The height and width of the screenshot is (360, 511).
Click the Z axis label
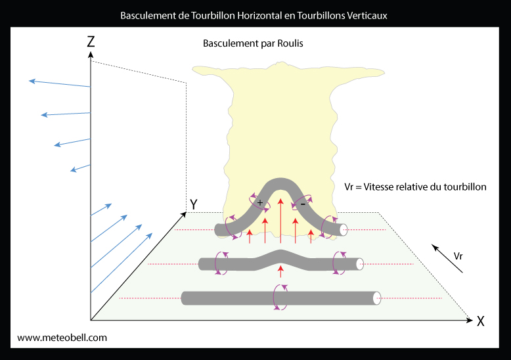click(x=91, y=42)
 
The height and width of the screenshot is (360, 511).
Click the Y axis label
click(x=194, y=204)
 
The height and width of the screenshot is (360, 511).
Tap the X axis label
click(x=480, y=321)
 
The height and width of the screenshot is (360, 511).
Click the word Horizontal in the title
click(x=259, y=16)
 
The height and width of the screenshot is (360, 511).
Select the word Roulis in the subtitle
click(x=290, y=43)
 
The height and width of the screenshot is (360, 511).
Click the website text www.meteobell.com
click(x=62, y=338)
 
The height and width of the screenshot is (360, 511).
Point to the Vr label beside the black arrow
click(x=458, y=256)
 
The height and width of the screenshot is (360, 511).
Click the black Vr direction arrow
click(x=447, y=258)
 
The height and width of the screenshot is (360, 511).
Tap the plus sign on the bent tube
click(x=259, y=202)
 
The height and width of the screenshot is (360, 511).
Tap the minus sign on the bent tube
click(x=303, y=204)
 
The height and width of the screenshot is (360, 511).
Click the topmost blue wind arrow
click(x=60, y=83)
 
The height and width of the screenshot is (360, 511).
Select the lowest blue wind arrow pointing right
click(x=122, y=263)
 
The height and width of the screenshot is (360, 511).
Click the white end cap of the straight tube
click(x=377, y=298)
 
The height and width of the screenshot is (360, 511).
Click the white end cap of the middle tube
click(x=360, y=264)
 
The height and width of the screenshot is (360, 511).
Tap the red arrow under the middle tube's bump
click(x=280, y=271)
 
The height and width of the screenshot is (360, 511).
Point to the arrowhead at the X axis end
click(x=470, y=320)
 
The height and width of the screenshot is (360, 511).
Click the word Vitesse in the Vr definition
click(x=379, y=187)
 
